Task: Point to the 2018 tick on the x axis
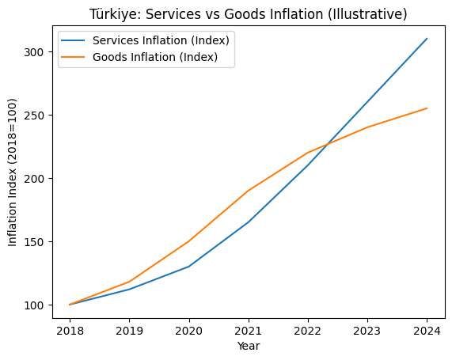pyautogui.click(x=70, y=330)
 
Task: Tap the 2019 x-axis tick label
pyautogui.click(x=129, y=330)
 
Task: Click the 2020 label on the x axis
pyautogui.click(x=189, y=330)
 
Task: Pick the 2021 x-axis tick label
pyautogui.click(x=249, y=330)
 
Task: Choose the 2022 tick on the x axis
pyautogui.click(x=308, y=330)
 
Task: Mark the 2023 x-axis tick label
pyautogui.click(x=367, y=330)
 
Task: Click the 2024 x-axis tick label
pyautogui.click(x=427, y=330)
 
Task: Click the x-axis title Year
pyautogui.click(x=249, y=346)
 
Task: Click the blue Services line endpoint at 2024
pyautogui.click(x=427, y=39)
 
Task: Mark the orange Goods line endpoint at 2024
pyautogui.click(x=427, y=108)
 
